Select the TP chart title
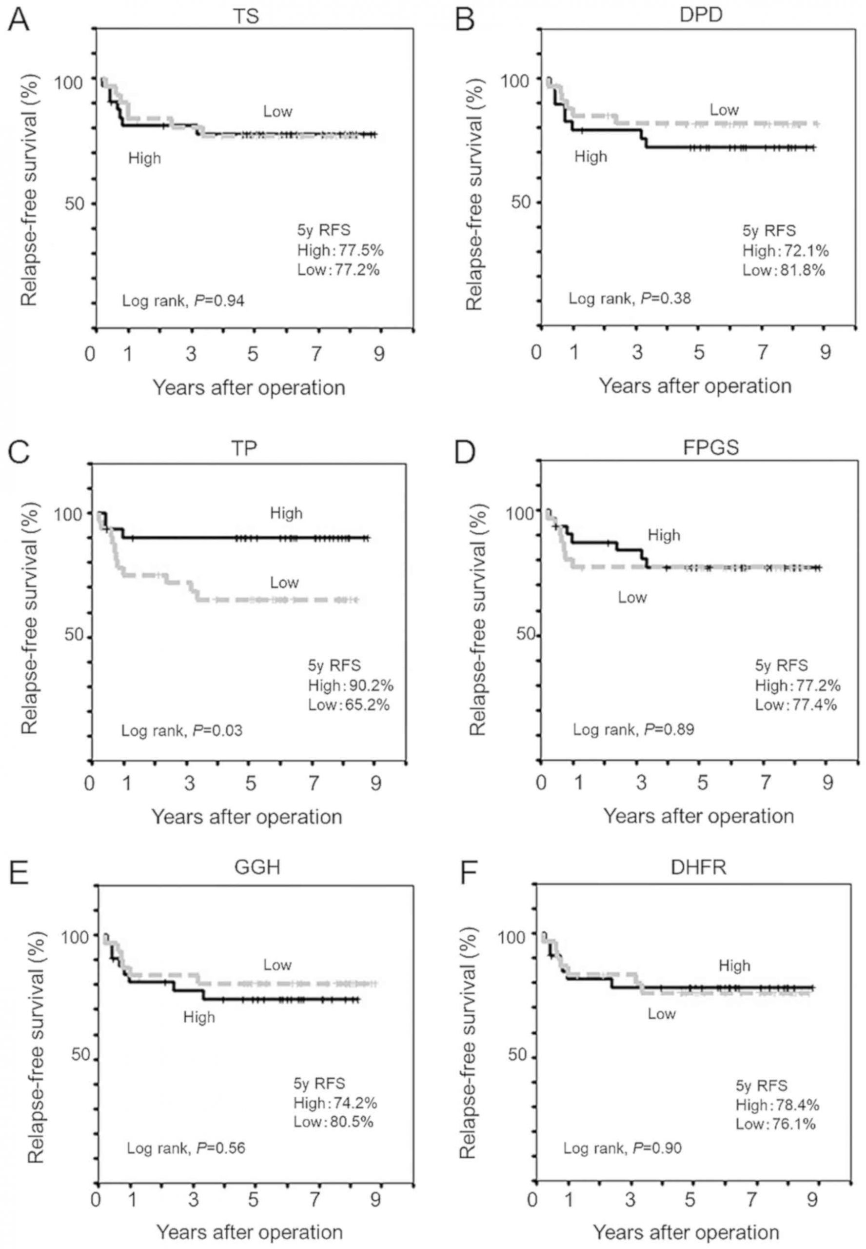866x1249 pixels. tap(244, 448)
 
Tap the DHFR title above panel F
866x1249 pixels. tap(698, 867)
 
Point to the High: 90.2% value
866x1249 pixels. tap(351, 685)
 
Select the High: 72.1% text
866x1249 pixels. tap(785, 250)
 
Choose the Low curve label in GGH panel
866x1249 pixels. tap(277, 965)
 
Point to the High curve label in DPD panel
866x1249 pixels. tap(590, 157)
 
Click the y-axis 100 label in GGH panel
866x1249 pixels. tap(77, 937)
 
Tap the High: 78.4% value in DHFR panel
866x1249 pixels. tap(777, 1105)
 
